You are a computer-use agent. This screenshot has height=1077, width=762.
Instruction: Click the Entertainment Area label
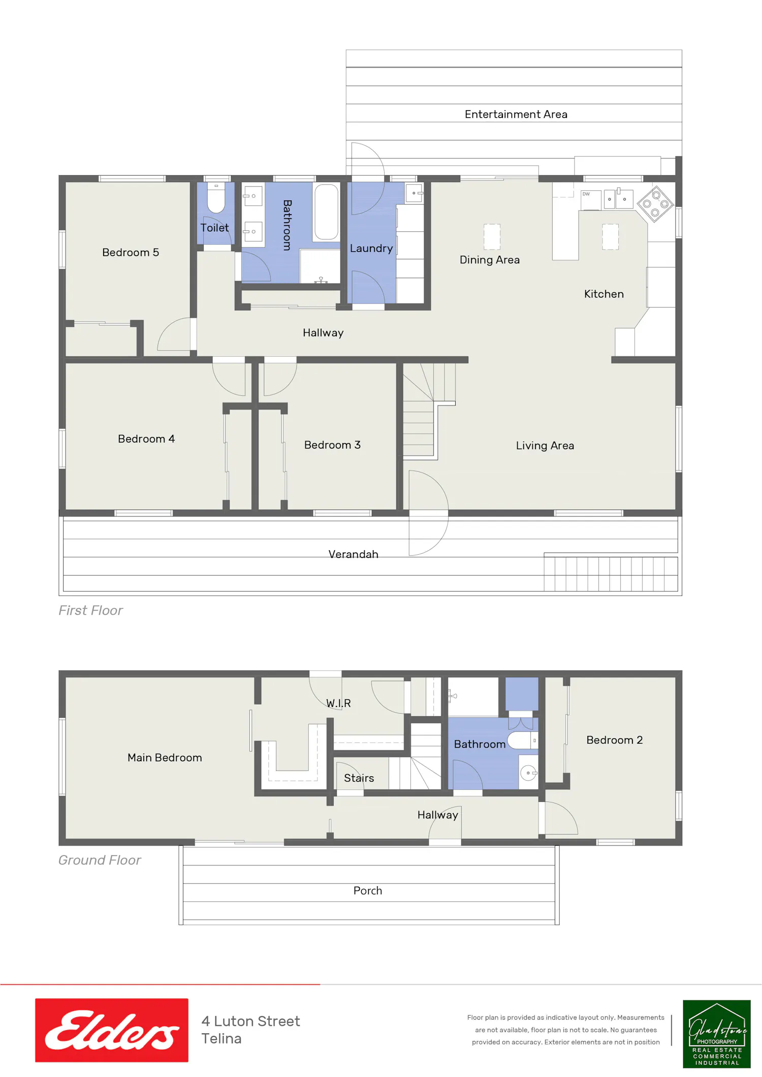(516, 114)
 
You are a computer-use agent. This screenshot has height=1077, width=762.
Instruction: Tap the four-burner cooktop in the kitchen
(655, 204)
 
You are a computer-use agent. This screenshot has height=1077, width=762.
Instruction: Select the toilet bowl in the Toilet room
(216, 198)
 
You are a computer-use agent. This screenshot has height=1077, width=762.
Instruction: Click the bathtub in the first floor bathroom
(326, 212)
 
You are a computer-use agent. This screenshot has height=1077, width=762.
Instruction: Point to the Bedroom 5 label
(131, 252)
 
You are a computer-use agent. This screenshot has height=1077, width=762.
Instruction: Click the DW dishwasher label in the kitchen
(586, 194)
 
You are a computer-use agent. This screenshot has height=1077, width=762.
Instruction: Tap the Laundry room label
(371, 248)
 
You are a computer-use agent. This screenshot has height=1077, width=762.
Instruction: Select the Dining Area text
(490, 260)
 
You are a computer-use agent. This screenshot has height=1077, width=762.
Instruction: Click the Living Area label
(545, 446)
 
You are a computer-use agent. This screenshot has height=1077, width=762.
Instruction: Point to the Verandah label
(353, 554)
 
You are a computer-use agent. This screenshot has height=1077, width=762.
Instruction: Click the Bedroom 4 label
(146, 439)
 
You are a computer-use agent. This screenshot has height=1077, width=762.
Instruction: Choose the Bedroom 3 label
(332, 445)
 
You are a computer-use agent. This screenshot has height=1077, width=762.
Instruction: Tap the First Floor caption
(90, 611)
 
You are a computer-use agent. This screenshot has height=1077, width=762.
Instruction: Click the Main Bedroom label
(165, 758)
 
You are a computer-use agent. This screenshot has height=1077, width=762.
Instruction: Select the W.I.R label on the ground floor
(338, 703)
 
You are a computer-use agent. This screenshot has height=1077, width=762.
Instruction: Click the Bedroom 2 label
(615, 740)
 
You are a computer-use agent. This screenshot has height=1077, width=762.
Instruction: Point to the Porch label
(368, 891)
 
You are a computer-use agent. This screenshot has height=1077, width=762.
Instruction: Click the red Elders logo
(112, 1030)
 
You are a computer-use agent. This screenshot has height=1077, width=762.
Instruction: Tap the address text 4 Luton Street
(250, 1021)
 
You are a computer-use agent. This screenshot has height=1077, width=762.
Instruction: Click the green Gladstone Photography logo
(717, 1034)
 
